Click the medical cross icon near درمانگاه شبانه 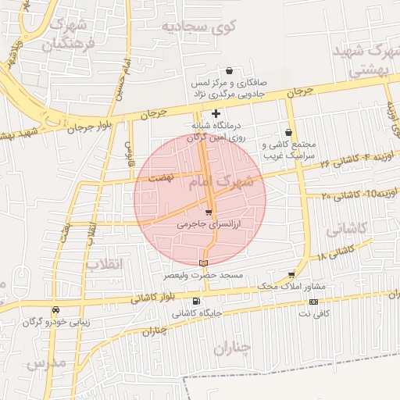216,114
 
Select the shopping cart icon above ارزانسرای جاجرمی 208,212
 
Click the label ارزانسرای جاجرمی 209,223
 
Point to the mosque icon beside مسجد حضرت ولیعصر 205,263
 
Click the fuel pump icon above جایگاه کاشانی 195,301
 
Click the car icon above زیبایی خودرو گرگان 55,309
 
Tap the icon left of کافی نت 313,302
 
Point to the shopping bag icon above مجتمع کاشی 290,133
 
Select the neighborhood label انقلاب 105,264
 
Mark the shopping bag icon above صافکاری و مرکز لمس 229,70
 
